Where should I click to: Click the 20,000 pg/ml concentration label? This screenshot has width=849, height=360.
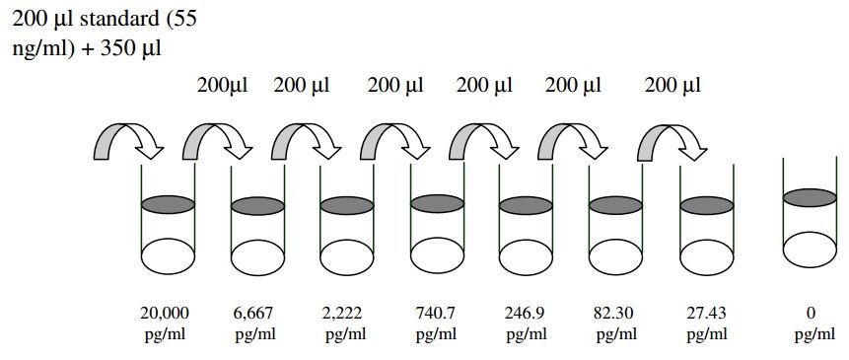click(165, 324)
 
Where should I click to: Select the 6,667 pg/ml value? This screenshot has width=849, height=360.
click(255, 324)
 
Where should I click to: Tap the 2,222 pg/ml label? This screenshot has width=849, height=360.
click(344, 324)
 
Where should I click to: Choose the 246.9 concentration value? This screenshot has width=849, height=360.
click(526, 313)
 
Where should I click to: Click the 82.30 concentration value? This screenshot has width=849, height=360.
click(615, 313)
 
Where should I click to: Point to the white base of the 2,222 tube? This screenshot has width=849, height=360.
click(346, 256)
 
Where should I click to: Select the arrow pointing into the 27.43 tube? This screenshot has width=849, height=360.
click(672, 142)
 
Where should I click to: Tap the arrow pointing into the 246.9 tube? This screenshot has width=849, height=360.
click(483, 142)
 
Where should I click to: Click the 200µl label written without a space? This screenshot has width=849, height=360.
click(222, 86)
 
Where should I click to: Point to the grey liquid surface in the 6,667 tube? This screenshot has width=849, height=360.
click(257, 206)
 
